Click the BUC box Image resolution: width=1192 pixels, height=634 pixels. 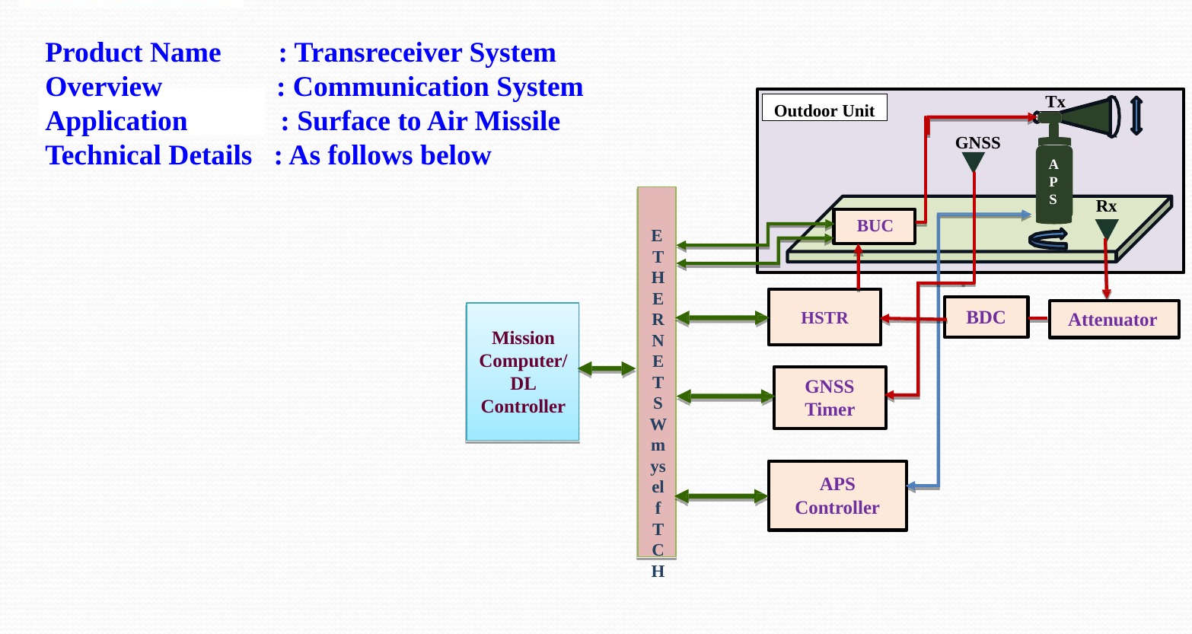tap(874, 226)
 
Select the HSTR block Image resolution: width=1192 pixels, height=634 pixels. tap(824, 317)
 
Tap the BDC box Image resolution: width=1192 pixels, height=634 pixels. tap(986, 317)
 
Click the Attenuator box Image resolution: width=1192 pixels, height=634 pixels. tap(1113, 320)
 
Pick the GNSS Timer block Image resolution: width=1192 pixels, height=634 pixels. tap(830, 398)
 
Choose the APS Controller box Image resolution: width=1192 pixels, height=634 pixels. tap(837, 495)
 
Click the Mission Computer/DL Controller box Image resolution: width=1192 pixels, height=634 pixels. tap(523, 372)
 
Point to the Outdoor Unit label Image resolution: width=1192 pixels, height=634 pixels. tap(824, 110)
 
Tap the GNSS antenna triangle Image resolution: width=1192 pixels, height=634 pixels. tap(973, 161)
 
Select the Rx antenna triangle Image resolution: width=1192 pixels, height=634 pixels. tap(1106, 228)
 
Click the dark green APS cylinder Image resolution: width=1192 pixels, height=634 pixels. tap(1053, 183)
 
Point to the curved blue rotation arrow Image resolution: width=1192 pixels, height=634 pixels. tap(1047, 240)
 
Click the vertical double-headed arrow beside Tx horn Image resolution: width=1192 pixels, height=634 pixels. tap(1136, 116)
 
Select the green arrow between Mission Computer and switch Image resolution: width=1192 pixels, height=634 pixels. tap(607, 369)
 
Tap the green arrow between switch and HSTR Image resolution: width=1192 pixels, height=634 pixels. tap(722, 317)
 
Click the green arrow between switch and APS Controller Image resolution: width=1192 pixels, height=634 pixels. tap(722, 497)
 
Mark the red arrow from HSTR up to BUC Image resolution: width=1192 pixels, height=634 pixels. tap(859, 267)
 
